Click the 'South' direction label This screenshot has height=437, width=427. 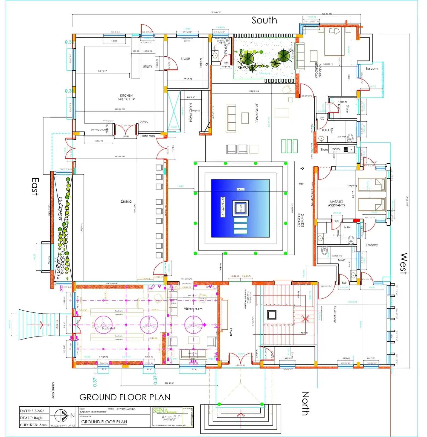pos(264,20)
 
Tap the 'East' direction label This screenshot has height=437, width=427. pos(35,187)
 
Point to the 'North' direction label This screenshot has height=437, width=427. pos(305,403)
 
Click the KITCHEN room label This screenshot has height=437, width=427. pos(126,97)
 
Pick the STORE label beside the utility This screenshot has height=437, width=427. pos(185,59)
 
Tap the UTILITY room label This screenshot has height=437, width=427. pos(147,66)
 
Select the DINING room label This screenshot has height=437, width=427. pos(126,202)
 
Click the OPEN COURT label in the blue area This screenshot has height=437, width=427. pos(223,207)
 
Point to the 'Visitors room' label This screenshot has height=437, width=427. pos(193,309)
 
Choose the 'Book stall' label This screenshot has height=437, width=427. pos(108,328)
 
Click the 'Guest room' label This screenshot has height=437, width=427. pos(335,314)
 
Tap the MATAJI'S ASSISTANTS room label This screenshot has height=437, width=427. pos(336,203)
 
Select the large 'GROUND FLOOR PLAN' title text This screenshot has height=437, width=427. pos(125,397)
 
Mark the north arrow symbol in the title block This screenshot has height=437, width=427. pos(61,415)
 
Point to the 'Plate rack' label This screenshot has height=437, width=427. pos(148,136)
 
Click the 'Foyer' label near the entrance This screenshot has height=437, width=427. pos(231,332)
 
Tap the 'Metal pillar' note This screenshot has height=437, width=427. pos(53,390)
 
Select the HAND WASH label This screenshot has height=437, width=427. pos(190,112)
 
